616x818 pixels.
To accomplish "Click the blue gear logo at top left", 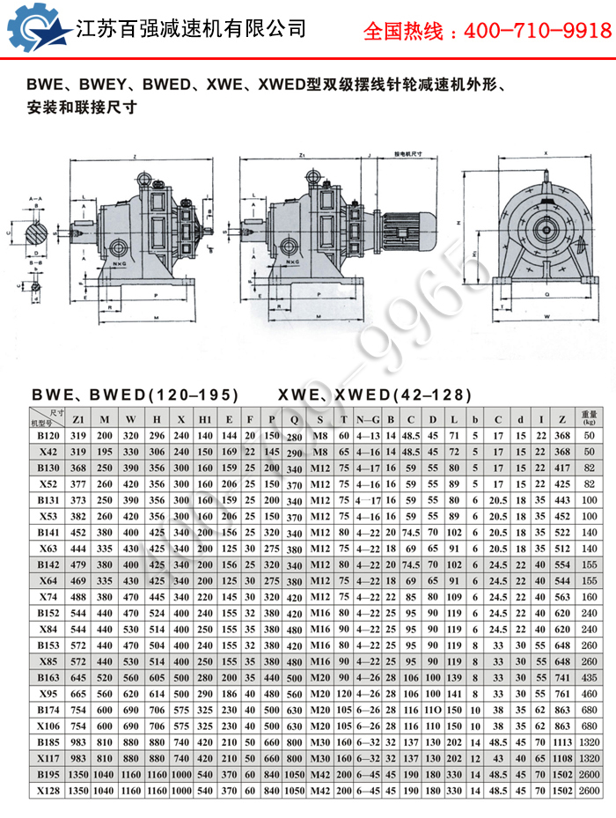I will click(x=37, y=28).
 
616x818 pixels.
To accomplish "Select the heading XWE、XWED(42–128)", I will click(x=376, y=394).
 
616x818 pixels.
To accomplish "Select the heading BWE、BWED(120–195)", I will click(x=135, y=394).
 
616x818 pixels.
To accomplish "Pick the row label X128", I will click(x=47, y=791).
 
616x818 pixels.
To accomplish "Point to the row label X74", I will click(x=47, y=595).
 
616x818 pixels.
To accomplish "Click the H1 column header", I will click(x=205, y=418).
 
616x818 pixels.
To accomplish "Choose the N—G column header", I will click(x=368, y=418).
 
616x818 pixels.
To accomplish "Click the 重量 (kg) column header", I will click(x=590, y=418).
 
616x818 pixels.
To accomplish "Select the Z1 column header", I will click(x=78, y=418).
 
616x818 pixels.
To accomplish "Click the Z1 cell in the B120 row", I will click(x=78, y=435).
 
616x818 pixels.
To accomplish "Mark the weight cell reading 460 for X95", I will click(x=590, y=693).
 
